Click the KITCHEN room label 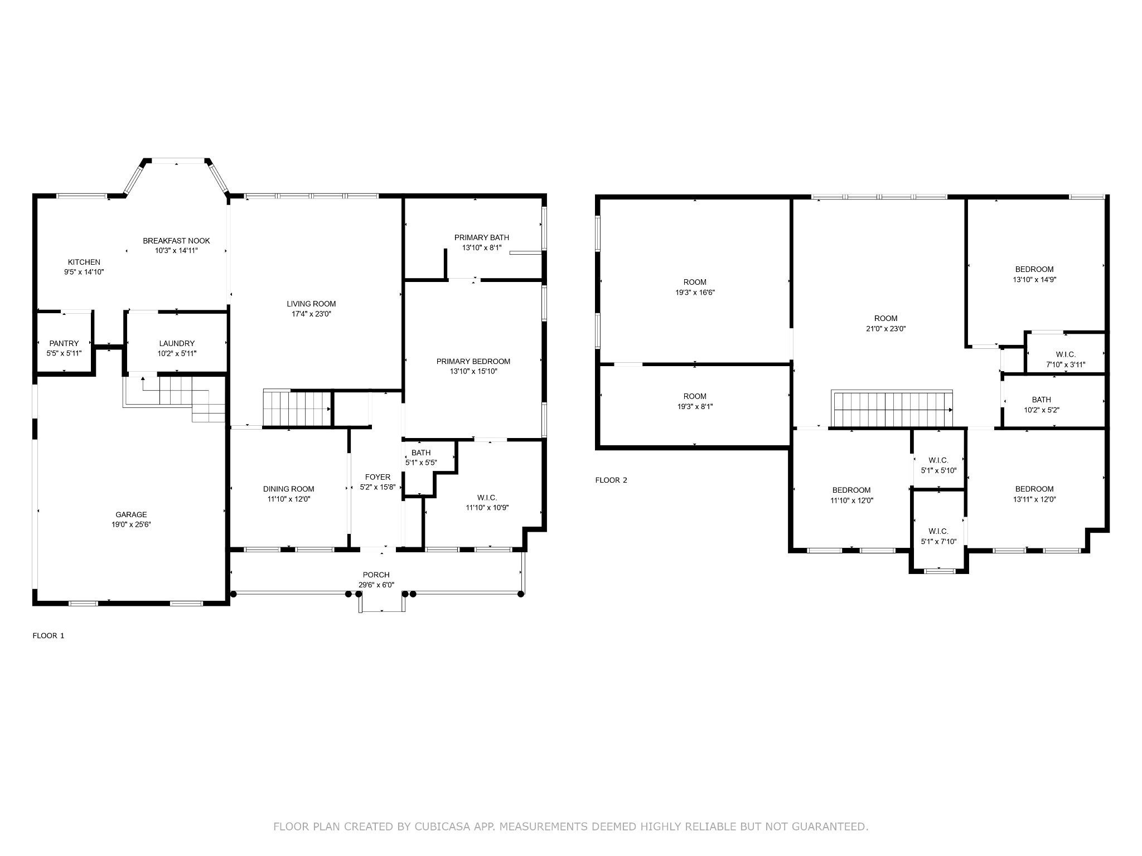point(84,262)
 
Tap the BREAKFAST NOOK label point(176,241)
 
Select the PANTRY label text point(64,343)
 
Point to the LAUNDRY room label point(177,343)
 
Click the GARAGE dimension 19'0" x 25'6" point(131,524)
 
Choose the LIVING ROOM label point(311,304)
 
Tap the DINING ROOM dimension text point(288,499)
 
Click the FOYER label point(378,477)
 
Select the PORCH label point(376,575)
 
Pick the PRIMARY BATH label point(482,237)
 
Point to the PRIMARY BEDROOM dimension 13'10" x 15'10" point(473,371)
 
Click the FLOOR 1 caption point(49,635)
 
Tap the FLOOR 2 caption point(611,480)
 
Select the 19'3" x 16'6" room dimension point(695,292)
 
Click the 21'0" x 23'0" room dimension point(885,329)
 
